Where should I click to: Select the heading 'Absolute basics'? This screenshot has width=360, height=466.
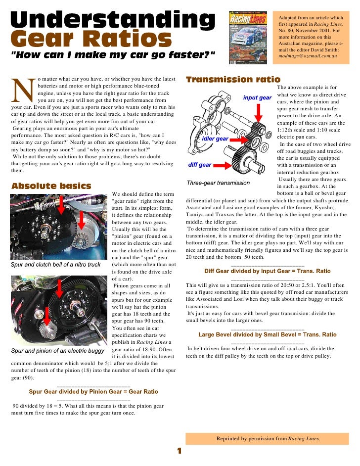tap(51, 186)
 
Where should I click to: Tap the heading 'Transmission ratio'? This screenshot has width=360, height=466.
tap(232, 80)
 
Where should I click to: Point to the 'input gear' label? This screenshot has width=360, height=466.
tap(257, 97)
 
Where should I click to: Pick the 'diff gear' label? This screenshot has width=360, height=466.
tap(200, 165)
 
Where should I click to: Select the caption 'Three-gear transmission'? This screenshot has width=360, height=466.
tap(218, 183)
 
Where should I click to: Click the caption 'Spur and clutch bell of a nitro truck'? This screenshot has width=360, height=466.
tap(55, 265)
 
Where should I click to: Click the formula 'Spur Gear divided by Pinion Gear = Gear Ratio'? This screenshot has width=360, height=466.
tap(93, 392)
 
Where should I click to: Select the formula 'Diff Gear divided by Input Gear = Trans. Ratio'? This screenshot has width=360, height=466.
tap(268, 272)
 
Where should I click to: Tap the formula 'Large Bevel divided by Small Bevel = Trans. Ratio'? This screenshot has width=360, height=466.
tap(268, 335)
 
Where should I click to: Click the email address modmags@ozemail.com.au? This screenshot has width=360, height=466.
tap(307, 57)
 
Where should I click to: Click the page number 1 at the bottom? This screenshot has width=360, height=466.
tap(180, 451)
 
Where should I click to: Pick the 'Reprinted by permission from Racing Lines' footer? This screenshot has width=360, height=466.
tap(268, 438)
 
